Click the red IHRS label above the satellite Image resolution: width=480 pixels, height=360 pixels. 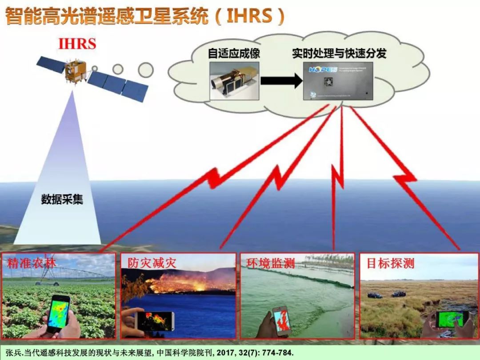[x=77, y=44]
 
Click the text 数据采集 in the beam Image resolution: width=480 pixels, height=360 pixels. [x=62, y=200]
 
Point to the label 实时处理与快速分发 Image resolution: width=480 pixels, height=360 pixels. [x=339, y=54]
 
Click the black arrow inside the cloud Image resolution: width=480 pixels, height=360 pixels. [x=281, y=81]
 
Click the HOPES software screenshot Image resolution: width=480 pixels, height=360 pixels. [x=338, y=81]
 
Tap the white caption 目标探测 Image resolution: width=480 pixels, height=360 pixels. [x=390, y=263]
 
